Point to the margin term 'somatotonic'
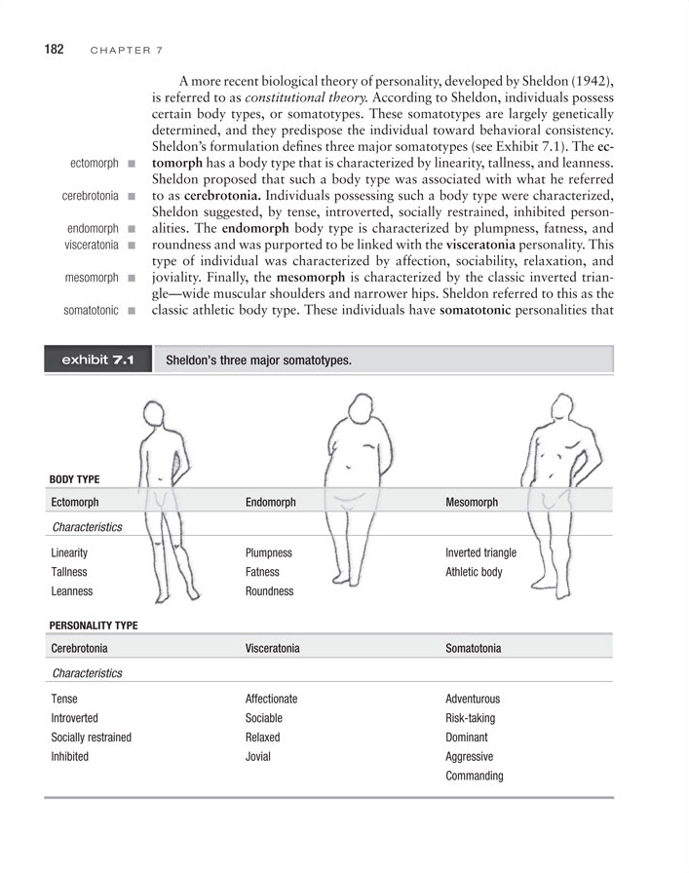(x=91, y=311)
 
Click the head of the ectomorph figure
(x=159, y=412)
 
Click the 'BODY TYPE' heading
(x=74, y=478)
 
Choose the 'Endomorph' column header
(x=271, y=502)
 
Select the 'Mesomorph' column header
(x=472, y=502)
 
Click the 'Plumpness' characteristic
(x=269, y=552)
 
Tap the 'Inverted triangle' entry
(x=480, y=552)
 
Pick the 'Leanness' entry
(x=72, y=590)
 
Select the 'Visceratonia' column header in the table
(x=273, y=648)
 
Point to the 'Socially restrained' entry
(x=91, y=737)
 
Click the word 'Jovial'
(x=258, y=756)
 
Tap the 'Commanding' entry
(x=475, y=776)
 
